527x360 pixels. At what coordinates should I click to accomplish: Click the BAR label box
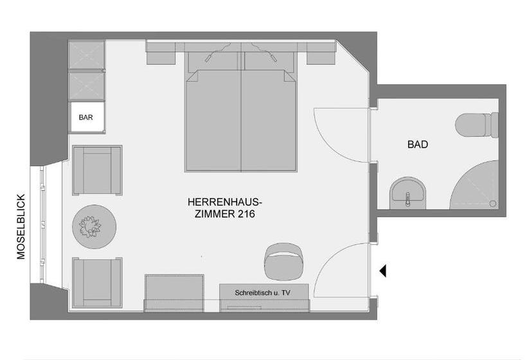coord(86,118)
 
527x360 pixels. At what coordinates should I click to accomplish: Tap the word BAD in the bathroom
coord(418,145)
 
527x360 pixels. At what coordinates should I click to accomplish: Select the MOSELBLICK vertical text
coord(21,226)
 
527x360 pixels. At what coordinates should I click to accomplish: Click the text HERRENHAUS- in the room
coord(224,202)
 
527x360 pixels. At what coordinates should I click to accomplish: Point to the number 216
coord(246,215)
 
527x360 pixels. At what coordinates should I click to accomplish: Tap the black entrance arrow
coord(382,271)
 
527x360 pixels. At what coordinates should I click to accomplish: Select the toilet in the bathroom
coord(478,125)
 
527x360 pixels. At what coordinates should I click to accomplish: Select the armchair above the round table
coord(97,170)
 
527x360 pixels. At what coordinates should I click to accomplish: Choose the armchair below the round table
coord(97,282)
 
